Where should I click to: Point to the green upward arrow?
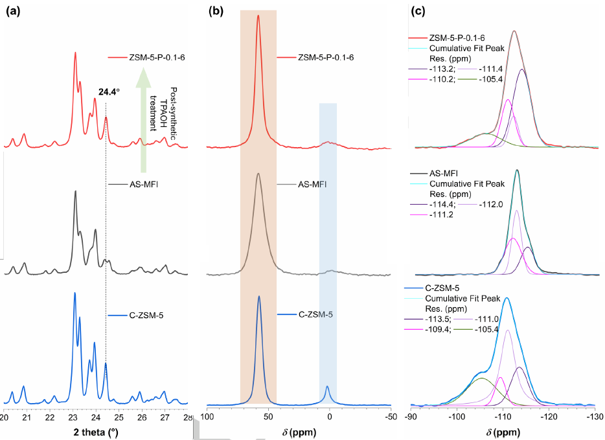coord(144,117)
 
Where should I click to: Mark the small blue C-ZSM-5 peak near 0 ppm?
coord(327,391)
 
